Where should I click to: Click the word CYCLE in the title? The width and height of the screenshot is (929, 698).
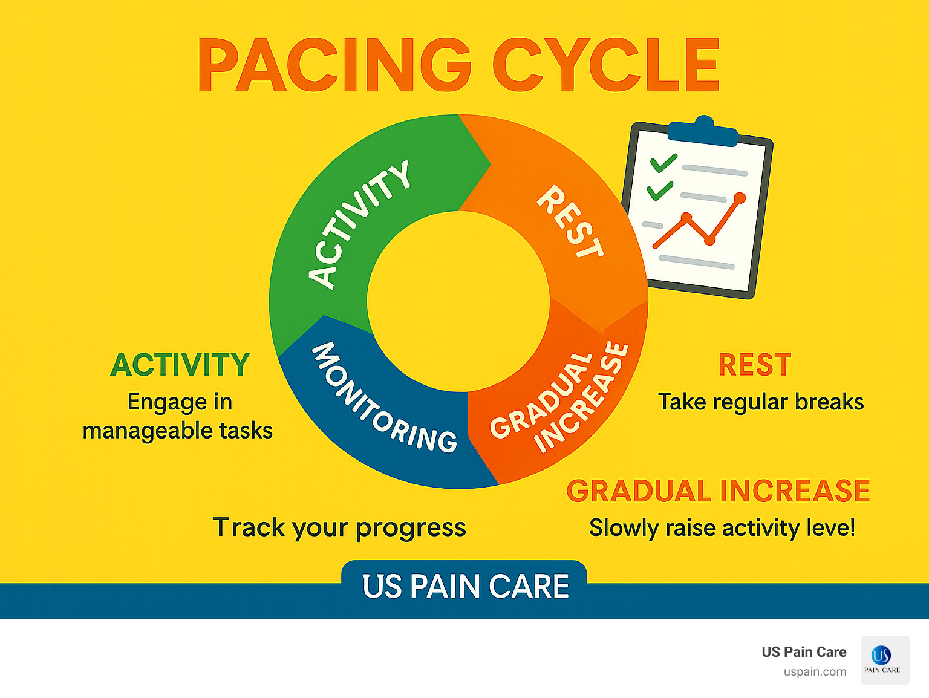click(x=606, y=65)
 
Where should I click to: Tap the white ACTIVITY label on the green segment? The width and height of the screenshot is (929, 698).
click(x=359, y=225)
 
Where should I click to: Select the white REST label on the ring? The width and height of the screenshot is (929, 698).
click(x=570, y=222)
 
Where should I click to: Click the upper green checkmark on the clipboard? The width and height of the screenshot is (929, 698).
click(x=663, y=163)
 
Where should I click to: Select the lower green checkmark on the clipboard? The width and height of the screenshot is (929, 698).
click(x=659, y=191)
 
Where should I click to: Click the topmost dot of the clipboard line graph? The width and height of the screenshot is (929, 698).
click(x=739, y=198)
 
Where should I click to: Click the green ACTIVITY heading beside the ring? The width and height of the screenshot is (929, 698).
click(x=180, y=365)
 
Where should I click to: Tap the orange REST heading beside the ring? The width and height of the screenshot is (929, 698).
click(x=754, y=365)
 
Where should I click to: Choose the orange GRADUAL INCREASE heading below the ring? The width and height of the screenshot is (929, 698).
click(x=718, y=491)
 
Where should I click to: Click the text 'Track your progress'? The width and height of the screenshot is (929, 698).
click(x=339, y=527)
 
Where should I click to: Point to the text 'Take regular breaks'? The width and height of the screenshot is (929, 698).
click(x=761, y=402)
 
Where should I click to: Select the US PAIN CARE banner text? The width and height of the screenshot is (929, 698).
click(x=465, y=586)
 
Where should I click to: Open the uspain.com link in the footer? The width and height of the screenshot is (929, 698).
click(x=815, y=671)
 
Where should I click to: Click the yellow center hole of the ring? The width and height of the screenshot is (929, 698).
click(x=458, y=301)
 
